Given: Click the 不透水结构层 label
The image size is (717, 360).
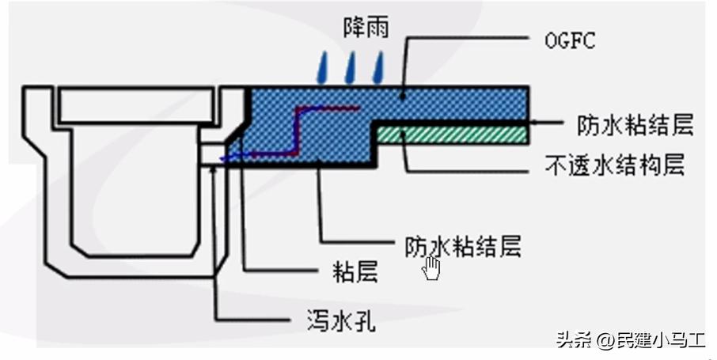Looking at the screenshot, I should (x=614, y=166).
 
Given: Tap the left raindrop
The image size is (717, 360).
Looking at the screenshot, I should (x=322, y=69).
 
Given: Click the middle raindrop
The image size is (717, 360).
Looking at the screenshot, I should (x=351, y=69).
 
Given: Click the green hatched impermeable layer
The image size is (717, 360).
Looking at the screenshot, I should (x=452, y=136).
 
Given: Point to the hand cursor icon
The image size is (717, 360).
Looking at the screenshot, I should (x=432, y=267).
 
